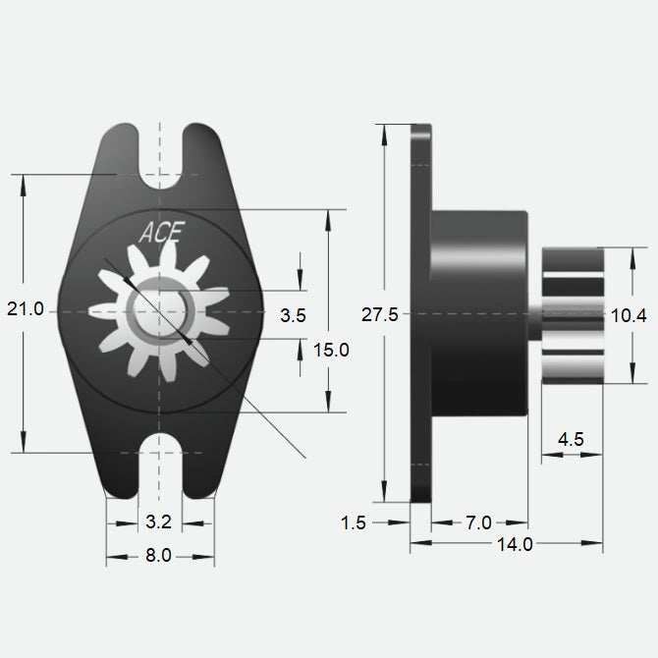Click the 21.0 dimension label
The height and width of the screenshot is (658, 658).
point(26,309)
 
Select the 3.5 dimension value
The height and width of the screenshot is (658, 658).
point(293,316)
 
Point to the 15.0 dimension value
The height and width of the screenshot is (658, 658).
point(330,349)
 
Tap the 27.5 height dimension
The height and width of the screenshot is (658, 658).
point(379,314)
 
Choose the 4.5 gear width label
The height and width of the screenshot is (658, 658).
point(571,439)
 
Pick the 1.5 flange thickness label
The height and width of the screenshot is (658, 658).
point(355,523)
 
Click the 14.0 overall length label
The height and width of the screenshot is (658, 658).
point(516,544)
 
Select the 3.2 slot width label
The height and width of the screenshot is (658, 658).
point(159,521)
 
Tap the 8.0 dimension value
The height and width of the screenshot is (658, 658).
point(158,556)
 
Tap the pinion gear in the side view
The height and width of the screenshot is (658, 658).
point(572,314)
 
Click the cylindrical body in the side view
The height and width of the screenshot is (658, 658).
point(479,314)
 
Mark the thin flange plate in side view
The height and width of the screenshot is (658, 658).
point(420,314)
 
